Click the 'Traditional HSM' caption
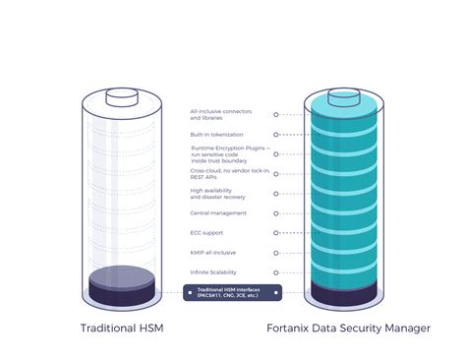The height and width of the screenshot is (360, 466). [x=122, y=329]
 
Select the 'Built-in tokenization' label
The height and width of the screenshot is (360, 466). [x=216, y=134]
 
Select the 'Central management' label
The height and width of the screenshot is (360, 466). [x=218, y=213]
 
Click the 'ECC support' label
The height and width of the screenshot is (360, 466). [x=207, y=233]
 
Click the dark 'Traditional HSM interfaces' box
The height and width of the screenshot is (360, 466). [x=232, y=291]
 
